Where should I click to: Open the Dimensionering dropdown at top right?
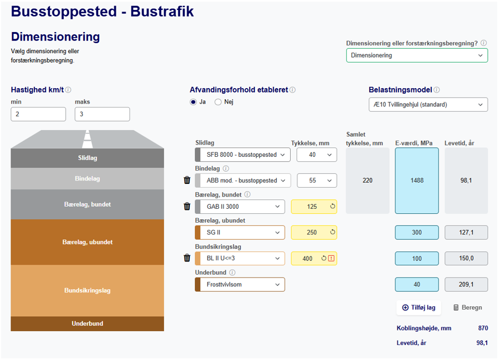[x=417, y=55]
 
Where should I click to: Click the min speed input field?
[x=38, y=114]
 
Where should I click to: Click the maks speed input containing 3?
[x=102, y=114]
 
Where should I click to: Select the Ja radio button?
[x=193, y=102]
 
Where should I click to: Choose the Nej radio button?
[x=218, y=102]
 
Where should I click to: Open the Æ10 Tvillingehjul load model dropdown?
[x=428, y=105]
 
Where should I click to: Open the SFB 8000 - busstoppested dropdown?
[x=243, y=155]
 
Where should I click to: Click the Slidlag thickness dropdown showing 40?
[x=317, y=155]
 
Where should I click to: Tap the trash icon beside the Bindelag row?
[x=187, y=180]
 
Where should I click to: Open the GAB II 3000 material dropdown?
[x=240, y=207]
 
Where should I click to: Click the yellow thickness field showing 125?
[x=314, y=207]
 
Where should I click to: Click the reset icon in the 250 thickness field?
[x=333, y=232]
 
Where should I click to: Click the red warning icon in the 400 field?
[x=331, y=258]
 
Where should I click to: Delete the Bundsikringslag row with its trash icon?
[x=187, y=258]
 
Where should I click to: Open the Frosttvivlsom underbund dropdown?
[x=240, y=285]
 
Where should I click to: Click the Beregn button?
[x=468, y=308]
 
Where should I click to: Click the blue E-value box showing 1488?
[x=417, y=181]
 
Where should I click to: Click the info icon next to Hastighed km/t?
[x=68, y=90]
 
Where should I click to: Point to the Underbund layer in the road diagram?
[x=87, y=323]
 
